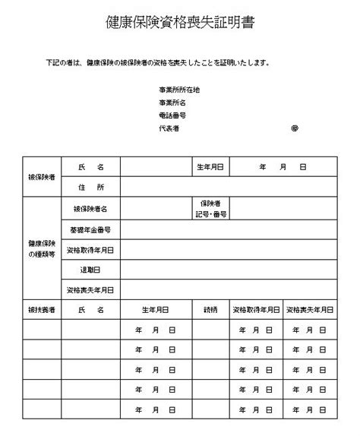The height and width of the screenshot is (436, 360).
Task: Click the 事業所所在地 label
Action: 178,90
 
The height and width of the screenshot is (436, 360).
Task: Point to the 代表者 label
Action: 169,128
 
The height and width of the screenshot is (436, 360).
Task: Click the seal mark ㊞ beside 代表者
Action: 295,128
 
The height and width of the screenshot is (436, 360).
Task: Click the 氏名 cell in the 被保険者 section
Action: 90,166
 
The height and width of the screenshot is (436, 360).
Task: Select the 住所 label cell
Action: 90,187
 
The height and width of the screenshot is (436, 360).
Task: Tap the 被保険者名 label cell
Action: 90,208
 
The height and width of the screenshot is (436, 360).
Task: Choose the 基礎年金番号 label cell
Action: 90,229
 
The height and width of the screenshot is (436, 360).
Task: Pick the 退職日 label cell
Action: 90,270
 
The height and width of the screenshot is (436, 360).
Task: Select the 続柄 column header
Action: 210,310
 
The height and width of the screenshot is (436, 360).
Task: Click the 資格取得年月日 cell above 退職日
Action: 90,249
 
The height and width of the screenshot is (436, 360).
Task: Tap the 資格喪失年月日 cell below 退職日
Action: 90,290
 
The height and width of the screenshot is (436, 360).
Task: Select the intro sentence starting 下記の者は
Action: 157,63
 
